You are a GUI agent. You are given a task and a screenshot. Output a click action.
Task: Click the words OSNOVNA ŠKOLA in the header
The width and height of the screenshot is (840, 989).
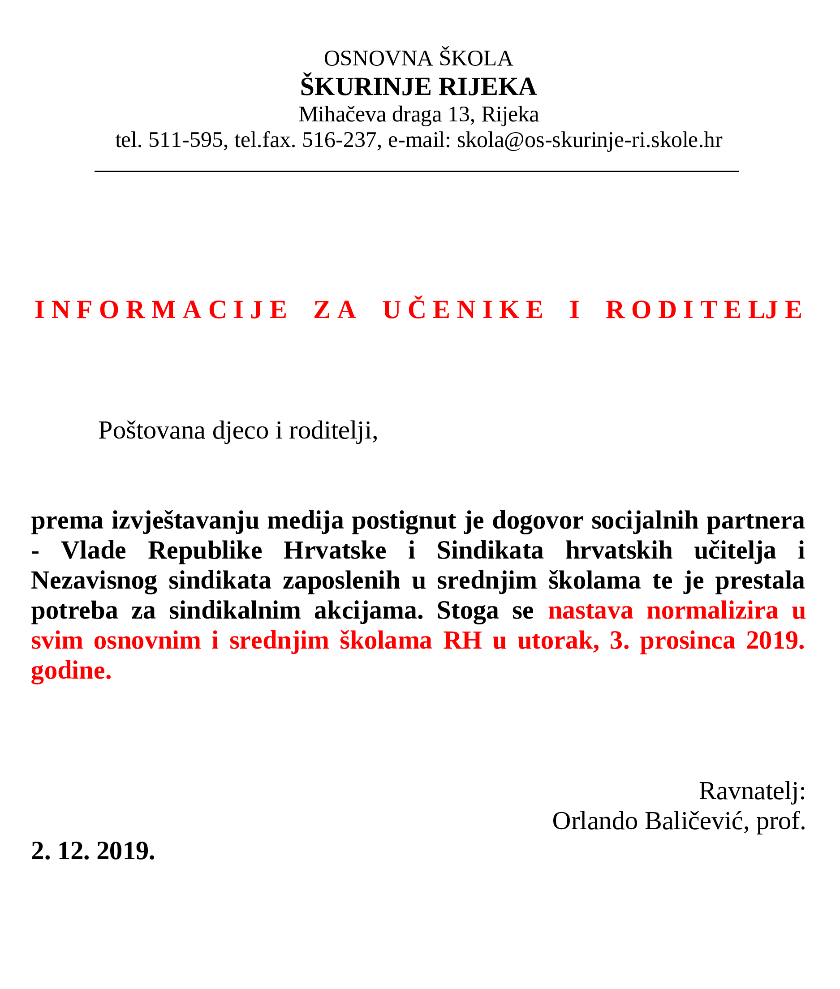coord(418,59)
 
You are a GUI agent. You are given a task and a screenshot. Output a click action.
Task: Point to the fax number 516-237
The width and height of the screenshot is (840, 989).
coord(339,141)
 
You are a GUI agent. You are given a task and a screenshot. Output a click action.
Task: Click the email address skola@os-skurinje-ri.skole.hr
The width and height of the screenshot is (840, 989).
coord(589,141)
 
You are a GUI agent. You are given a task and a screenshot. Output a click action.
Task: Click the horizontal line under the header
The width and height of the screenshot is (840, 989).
coord(417,171)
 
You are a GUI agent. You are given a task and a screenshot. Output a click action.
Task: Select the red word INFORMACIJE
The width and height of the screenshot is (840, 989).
coord(161,310)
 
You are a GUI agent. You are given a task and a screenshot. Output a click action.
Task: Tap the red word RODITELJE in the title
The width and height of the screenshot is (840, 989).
coord(704,310)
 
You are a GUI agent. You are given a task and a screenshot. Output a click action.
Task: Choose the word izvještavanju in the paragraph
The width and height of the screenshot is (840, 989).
coord(185,520)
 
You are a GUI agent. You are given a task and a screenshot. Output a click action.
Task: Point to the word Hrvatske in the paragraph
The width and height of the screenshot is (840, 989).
coord(335,550)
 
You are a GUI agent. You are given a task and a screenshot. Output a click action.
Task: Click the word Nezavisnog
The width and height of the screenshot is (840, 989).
coord(94,580)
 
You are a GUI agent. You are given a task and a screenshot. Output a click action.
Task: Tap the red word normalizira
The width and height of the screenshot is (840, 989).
coord(712,611)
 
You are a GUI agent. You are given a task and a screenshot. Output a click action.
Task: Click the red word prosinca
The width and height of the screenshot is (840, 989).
coord(687,641)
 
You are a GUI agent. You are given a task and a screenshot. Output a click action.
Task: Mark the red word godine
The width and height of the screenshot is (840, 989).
coord(71,671)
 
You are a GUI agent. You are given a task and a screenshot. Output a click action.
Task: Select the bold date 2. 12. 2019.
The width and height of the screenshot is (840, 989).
coord(93,851)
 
